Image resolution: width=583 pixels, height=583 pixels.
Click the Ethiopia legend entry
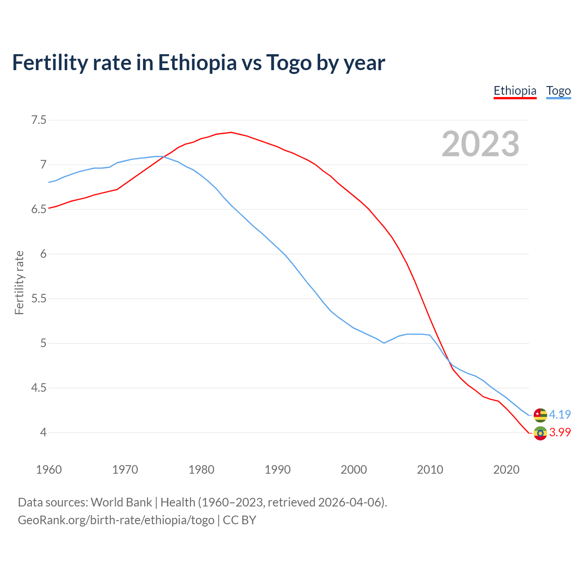point(515,91)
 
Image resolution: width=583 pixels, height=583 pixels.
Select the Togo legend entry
point(558,91)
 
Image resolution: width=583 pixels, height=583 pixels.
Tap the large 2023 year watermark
point(481,144)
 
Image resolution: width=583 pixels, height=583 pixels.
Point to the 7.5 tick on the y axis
point(39,120)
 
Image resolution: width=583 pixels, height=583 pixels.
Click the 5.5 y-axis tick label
point(39,299)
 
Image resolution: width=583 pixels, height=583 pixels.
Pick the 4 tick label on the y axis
point(43,432)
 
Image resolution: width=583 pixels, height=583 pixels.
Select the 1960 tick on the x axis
point(49,470)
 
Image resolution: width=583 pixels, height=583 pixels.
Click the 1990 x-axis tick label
point(277,470)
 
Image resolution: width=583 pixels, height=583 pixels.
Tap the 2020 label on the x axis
point(506,470)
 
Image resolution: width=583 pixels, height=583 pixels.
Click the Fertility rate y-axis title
point(19,282)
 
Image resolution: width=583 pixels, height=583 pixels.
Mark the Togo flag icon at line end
point(540,415)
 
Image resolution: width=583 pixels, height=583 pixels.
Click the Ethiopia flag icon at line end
point(540,433)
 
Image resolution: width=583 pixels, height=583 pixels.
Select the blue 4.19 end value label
point(560,414)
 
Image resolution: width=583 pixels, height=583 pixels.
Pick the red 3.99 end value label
point(560,432)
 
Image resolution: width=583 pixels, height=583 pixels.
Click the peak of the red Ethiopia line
point(231,133)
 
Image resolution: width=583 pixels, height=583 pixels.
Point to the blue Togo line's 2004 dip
point(384,343)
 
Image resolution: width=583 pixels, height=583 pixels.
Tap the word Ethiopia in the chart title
point(197,62)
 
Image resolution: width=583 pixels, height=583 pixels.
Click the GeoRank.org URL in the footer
point(116,520)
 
